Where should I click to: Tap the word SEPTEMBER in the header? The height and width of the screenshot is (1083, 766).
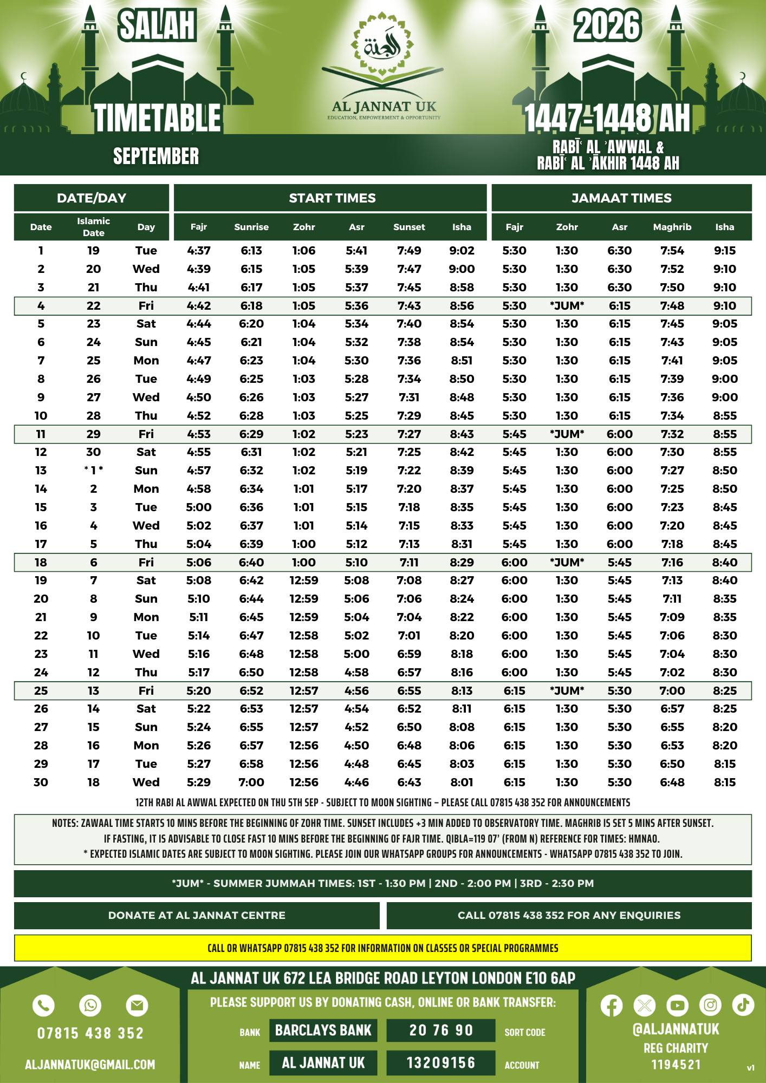point(156,156)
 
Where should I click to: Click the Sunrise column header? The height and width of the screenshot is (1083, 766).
point(251,227)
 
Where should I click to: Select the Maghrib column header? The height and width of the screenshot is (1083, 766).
point(672,227)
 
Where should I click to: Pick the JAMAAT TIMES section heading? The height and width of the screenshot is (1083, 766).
point(621,198)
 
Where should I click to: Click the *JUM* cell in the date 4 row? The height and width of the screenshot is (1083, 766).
point(567,306)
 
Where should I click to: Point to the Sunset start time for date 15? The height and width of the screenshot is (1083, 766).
point(409,507)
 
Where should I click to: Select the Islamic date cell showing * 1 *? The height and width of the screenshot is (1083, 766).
point(93,471)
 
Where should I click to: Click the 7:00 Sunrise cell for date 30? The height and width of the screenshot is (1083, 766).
point(251,782)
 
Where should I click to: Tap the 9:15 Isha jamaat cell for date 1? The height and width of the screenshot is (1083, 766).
point(724,251)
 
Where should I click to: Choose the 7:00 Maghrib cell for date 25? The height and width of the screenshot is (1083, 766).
point(672,691)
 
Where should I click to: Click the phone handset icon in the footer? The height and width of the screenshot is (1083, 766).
point(44,1006)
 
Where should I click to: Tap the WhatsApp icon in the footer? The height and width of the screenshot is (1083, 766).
point(90,1006)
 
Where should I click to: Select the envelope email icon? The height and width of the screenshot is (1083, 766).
point(137,1006)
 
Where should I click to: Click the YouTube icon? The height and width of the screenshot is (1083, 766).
point(677,1006)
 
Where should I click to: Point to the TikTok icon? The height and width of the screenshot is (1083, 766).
point(743,1005)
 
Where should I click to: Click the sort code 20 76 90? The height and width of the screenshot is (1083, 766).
point(441,1030)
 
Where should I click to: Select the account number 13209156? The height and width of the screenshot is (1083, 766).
point(441,1063)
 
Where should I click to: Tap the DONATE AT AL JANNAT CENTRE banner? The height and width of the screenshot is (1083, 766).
point(197,916)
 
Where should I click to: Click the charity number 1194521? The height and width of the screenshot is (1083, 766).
point(676,1065)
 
